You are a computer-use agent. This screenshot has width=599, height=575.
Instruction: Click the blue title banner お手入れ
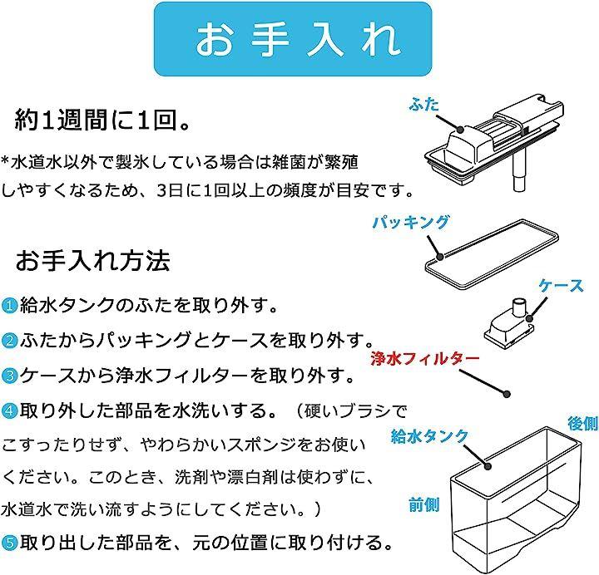click(293, 39)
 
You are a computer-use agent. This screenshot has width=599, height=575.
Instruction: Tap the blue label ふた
click(423, 104)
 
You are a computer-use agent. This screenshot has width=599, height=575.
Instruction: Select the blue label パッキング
click(411, 222)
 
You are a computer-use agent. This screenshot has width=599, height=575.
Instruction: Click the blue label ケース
click(561, 286)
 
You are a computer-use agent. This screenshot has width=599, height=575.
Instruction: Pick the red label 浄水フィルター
click(425, 359)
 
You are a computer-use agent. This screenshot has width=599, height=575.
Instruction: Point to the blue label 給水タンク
click(429, 435)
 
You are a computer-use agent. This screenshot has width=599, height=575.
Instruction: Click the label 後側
click(582, 423)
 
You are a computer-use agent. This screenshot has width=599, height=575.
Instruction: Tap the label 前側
click(423, 504)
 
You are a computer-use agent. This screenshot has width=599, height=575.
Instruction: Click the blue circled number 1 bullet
click(9, 306)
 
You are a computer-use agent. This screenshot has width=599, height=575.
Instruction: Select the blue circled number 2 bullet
click(9, 341)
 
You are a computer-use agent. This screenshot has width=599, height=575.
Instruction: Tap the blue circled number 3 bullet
click(9, 376)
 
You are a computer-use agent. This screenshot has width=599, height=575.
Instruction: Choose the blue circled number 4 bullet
click(9, 411)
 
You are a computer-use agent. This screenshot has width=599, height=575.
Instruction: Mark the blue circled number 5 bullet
click(9, 543)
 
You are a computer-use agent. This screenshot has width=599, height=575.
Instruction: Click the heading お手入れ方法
click(93, 261)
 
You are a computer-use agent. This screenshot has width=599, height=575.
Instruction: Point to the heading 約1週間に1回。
click(102, 120)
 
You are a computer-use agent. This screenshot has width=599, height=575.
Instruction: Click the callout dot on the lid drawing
click(461, 130)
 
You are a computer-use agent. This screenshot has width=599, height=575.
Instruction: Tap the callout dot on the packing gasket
click(440, 257)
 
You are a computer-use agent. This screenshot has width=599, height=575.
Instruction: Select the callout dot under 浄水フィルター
click(507, 394)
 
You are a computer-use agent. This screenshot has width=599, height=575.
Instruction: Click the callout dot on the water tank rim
click(488, 466)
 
